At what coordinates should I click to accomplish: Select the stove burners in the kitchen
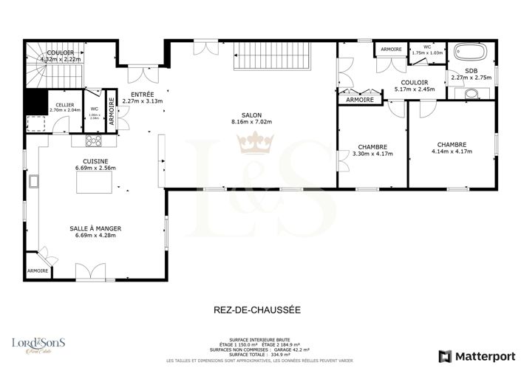click(94, 140)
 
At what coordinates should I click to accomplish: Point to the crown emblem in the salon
click(256, 140)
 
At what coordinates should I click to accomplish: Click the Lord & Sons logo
click(38, 344)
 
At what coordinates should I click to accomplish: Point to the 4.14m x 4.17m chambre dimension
click(452, 152)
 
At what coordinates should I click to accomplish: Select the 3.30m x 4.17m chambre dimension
click(372, 154)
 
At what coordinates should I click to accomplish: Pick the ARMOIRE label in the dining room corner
click(38, 270)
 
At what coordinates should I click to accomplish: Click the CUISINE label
click(96, 161)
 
